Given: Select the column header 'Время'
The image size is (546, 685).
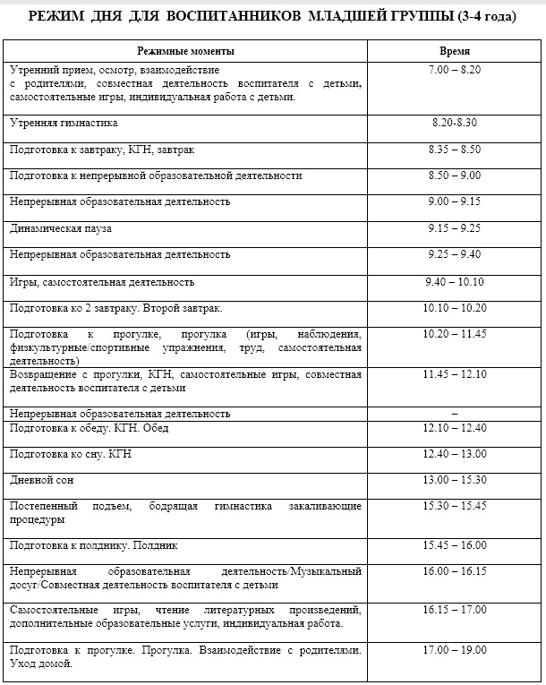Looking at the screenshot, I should click(455, 52).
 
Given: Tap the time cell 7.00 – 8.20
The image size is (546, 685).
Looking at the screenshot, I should click(455, 69).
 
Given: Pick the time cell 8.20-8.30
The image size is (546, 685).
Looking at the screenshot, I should click(455, 123).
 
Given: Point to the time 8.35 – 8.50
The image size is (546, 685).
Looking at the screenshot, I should click(455, 150).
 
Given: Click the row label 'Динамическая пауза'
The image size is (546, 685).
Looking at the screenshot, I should click(61, 228).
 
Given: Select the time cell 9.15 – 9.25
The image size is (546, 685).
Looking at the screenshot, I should click(455, 228).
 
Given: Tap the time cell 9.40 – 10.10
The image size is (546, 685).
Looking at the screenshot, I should click(455, 282).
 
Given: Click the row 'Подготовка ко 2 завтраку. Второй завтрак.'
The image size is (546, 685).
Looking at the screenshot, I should click(115, 308).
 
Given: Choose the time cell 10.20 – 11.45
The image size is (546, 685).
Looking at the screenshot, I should click(455, 334).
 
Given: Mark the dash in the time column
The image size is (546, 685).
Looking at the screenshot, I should click(455, 414).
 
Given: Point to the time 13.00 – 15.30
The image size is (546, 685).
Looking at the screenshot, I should click(455, 480).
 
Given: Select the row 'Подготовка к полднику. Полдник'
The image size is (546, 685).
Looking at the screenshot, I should click(94, 544).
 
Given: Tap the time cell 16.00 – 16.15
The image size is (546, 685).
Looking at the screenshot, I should click(455, 571).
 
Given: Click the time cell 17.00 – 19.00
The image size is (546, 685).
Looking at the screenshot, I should click(455, 650).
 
